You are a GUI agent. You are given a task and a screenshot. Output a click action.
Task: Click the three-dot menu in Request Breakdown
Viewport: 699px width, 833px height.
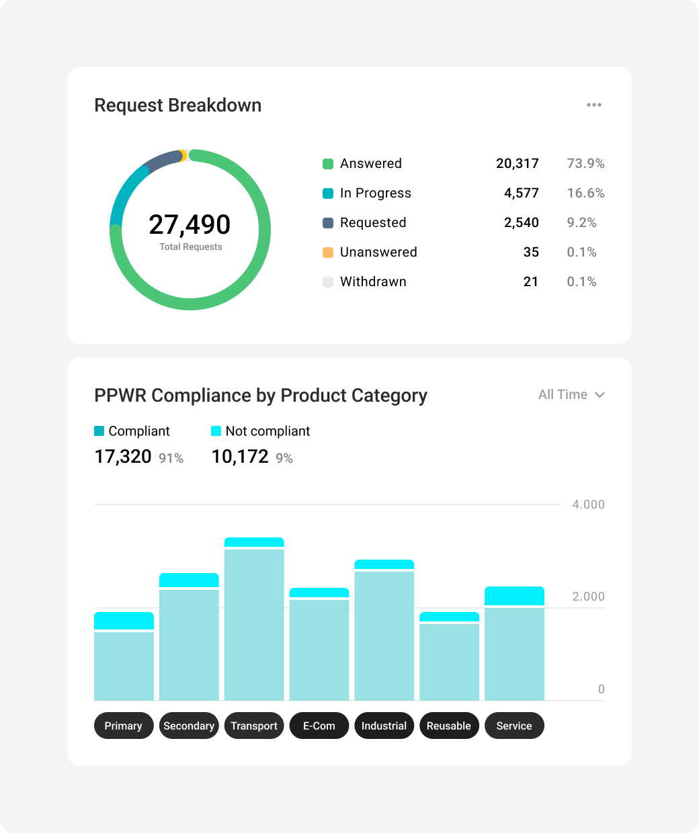coord(594,105)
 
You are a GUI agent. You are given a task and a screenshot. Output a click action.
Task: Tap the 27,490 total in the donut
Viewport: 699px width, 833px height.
coord(190,224)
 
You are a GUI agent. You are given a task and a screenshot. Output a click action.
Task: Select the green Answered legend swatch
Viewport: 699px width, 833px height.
coord(328,163)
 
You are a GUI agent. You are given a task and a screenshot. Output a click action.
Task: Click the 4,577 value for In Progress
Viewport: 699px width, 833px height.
coord(522,193)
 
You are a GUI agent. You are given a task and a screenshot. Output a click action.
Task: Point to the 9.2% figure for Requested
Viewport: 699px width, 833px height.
coord(582,222)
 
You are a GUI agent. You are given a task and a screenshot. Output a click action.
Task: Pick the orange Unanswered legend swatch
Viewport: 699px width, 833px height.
coord(328,253)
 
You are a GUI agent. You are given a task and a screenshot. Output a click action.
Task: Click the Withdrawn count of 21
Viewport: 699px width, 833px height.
coord(531,281)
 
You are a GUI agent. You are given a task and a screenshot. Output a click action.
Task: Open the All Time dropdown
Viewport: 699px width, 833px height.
coord(571,394)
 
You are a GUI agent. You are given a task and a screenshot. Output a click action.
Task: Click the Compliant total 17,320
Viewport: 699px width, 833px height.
coord(123,457)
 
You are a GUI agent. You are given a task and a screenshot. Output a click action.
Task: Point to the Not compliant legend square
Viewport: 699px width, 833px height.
coord(216,431)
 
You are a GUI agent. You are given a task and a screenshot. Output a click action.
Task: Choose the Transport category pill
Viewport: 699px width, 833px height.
coord(254,726)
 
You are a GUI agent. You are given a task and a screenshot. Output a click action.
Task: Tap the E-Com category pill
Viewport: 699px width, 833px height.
coord(319,726)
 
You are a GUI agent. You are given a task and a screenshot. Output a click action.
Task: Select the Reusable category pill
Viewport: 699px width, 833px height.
coord(449,726)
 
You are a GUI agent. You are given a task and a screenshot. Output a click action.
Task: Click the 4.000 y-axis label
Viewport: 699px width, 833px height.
coord(588,505)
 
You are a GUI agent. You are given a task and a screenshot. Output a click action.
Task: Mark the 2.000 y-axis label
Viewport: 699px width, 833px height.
coord(588,597)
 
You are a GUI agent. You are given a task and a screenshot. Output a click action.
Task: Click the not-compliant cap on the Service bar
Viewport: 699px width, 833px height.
coord(514,596)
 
